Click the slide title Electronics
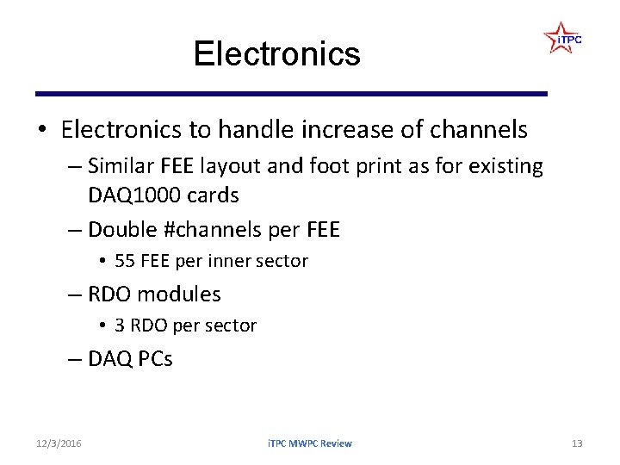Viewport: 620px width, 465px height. tap(276, 53)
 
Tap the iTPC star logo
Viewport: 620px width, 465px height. tap(562, 39)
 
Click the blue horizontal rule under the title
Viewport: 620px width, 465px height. tap(291, 93)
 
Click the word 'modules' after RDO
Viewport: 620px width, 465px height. tap(179, 294)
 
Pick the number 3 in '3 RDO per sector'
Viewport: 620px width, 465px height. tap(119, 325)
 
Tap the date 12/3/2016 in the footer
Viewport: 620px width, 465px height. tap(59, 443)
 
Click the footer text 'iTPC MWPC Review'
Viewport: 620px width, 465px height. tap(309, 443)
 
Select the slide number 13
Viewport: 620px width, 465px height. tap(577, 443)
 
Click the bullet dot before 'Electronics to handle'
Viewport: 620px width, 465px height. tap(41, 131)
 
